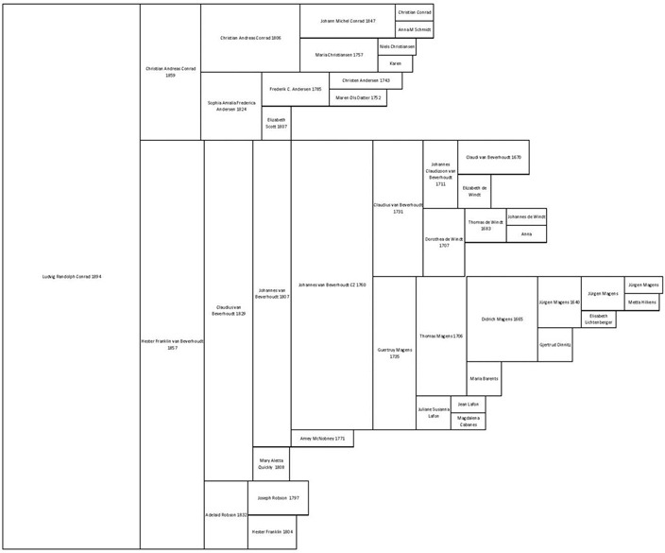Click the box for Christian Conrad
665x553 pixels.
(x=415, y=12)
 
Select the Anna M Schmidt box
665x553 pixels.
(x=415, y=29)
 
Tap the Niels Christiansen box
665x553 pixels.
(x=396, y=46)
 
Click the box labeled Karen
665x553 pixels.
(x=395, y=63)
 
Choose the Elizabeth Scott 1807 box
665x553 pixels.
(x=276, y=123)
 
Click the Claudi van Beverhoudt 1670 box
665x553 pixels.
(x=493, y=157)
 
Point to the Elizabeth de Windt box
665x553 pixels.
(x=475, y=192)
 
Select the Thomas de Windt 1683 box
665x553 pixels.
(x=485, y=226)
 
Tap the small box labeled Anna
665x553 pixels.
(x=526, y=233)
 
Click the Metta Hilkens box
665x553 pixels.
(x=641, y=302)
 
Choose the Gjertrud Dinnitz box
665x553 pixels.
(x=554, y=345)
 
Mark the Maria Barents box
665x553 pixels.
(x=483, y=379)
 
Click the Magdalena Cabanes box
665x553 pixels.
(x=469, y=421)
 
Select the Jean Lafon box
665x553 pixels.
(x=469, y=404)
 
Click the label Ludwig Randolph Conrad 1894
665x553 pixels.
(x=72, y=277)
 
